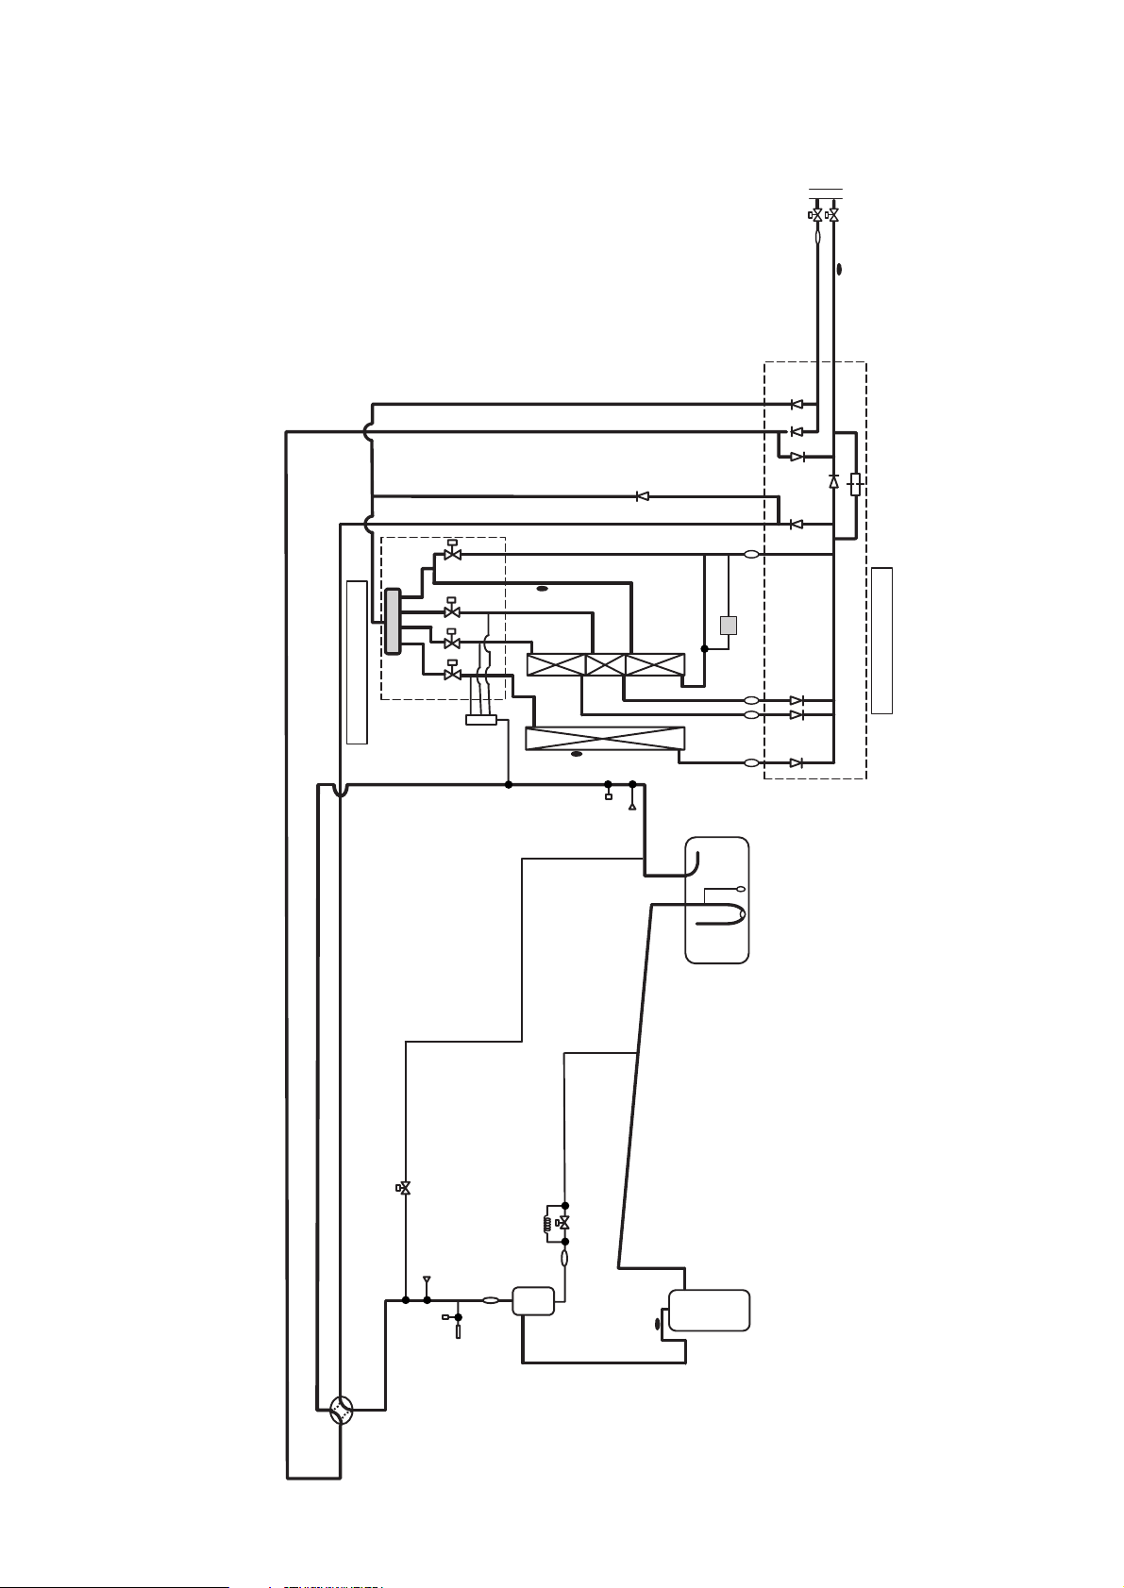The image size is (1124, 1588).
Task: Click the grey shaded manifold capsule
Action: click(x=392, y=620)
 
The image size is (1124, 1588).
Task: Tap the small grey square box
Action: click(x=728, y=625)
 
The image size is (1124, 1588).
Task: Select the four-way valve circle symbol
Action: click(x=342, y=1410)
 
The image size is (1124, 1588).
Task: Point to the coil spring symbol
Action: click(x=545, y=1224)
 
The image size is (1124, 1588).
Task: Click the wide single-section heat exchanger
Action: click(x=604, y=739)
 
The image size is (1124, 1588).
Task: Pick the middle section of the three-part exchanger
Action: click(x=605, y=664)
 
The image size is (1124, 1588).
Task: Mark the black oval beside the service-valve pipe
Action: click(x=839, y=269)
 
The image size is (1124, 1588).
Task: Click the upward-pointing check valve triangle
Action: click(x=833, y=481)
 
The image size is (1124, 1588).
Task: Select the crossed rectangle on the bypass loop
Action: click(x=855, y=485)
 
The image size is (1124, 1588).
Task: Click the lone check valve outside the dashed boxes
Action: click(x=642, y=496)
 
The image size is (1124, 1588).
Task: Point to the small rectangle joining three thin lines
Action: click(x=481, y=720)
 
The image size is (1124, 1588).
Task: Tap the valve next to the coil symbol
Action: click(x=563, y=1223)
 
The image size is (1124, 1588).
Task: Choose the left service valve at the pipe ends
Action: click(x=816, y=216)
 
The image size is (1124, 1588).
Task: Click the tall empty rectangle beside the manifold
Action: click(x=357, y=662)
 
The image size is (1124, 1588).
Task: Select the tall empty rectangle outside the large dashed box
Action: click(x=881, y=640)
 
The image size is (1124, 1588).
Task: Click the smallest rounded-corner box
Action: click(x=533, y=1301)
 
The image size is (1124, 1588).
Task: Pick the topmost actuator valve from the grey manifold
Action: click(x=452, y=554)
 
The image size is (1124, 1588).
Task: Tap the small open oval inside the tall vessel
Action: click(x=741, y=890)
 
